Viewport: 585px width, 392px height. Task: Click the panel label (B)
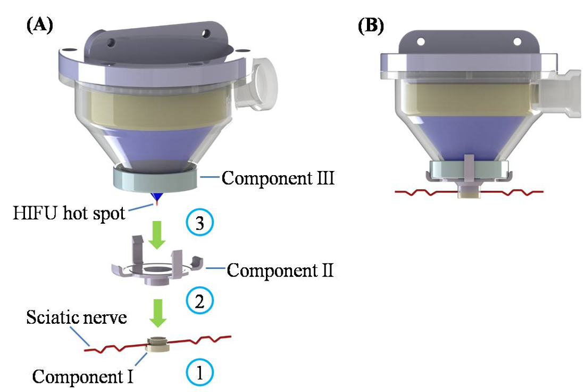point(371,26)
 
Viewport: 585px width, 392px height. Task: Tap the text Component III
point(278,177)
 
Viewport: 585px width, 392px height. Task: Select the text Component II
point(280,271)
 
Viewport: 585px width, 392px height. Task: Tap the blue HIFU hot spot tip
point(156,199)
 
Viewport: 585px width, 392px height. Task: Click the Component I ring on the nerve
point(157,344)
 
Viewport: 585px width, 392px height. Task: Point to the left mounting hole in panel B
point(421,41)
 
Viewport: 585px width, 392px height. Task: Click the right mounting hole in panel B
point(515,41)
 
